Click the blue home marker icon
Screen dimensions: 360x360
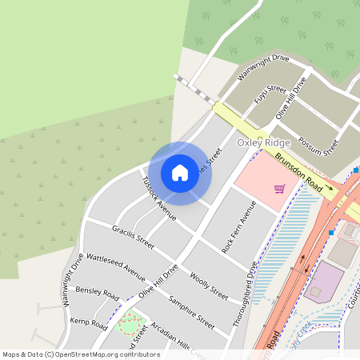tap(180, 172)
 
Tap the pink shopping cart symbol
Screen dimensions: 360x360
tap(279, 189)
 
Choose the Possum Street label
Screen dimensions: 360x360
tap(318, 146)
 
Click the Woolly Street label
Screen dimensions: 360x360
tap(210, 286)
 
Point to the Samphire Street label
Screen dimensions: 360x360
tap(192, 313)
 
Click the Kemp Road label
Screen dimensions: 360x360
tap(88, 323)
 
